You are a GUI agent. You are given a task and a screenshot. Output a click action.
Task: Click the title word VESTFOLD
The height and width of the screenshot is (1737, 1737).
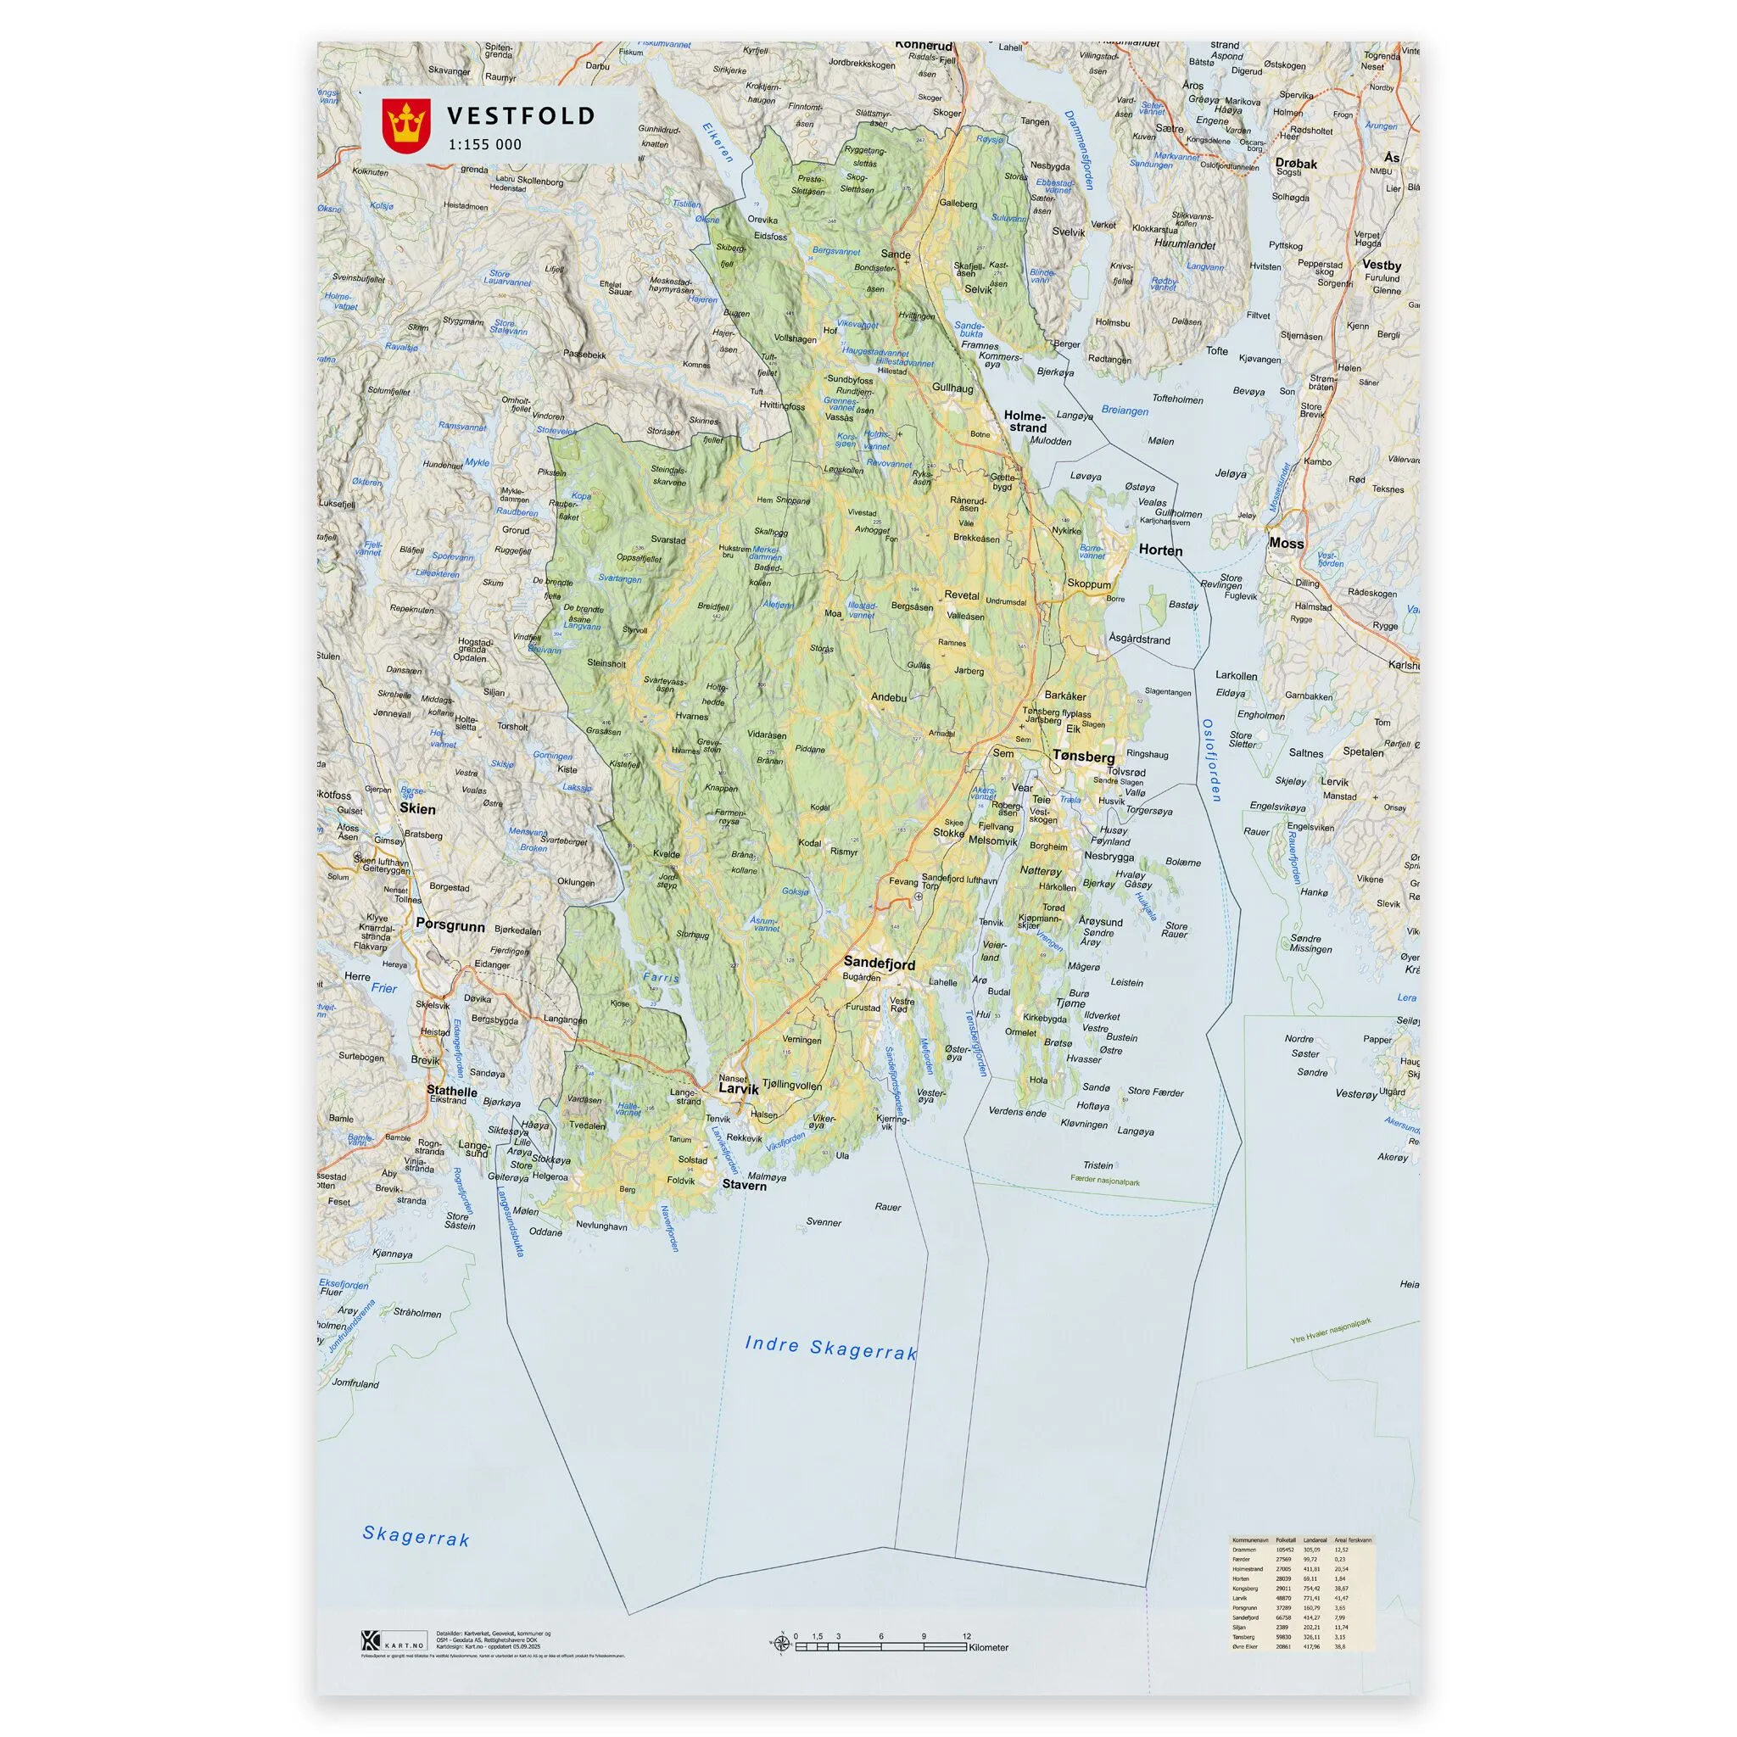pos(521,116)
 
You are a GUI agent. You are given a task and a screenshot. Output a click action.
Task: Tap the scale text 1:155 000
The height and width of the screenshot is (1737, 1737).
pos(484,145)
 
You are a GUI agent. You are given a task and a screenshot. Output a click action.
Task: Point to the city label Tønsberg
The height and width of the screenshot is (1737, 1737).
pos(1083,757)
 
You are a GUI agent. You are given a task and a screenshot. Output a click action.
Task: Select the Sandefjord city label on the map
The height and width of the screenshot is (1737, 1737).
pos(879,963)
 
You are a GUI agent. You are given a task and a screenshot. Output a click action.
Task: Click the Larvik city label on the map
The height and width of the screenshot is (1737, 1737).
pos(738,1088)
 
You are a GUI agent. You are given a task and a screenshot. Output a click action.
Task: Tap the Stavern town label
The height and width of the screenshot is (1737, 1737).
pos(745,1185)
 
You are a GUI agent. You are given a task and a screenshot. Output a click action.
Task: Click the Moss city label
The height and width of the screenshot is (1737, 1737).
pos(1286,543)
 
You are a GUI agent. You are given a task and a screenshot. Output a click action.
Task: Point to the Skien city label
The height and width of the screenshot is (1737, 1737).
pos(417,808)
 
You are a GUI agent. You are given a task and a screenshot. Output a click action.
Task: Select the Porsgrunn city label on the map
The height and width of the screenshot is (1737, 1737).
pos(450,925)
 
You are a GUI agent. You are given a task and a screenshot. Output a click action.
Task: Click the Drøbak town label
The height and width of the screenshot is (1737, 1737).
pos(1296,164)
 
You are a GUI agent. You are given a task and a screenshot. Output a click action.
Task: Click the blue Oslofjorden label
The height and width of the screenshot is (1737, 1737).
pos(1211,760)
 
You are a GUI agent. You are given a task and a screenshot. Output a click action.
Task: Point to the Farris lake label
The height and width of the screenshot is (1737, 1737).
pos(661,977)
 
